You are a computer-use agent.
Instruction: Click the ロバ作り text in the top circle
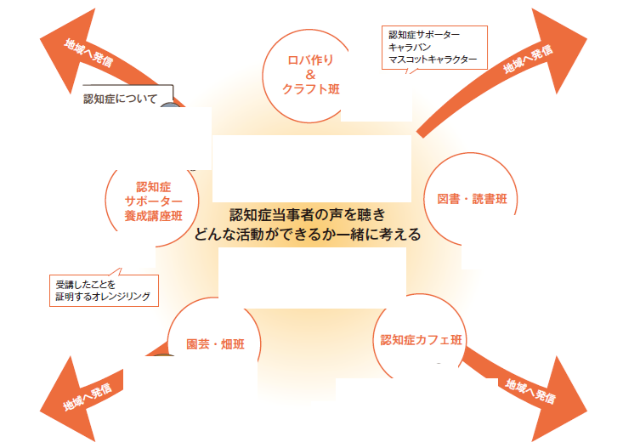(x=309, y=60)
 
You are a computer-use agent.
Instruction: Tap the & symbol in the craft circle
(x=309, y=74)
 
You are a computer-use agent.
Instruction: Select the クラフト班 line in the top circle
(x=309, y=89)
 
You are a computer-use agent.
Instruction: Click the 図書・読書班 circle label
(x=478, y=199)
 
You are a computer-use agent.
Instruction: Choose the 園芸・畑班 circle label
(x=213, y=345)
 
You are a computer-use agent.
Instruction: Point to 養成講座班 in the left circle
(x=154, y=216)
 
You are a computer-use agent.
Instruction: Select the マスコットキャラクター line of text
(x=433, y=61)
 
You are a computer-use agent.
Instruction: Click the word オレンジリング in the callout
(x=120, y=296)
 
